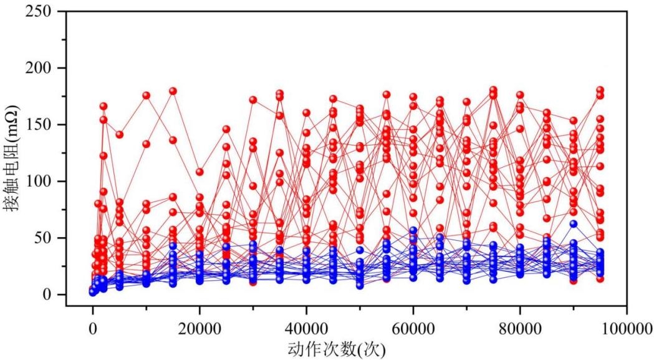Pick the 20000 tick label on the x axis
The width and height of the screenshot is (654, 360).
click(200, 329)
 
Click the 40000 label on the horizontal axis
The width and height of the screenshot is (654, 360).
click(306, 329)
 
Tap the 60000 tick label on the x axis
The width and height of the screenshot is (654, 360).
click(413, 329)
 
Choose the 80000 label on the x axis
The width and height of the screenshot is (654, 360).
click(520, 329)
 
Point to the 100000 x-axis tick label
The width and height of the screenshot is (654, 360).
click(627, 329)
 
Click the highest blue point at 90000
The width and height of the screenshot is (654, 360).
click(574, 224)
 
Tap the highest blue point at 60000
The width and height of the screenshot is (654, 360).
click(413, 230)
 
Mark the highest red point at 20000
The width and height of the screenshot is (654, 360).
click(200, 172)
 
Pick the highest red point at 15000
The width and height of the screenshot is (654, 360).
click(173, 91)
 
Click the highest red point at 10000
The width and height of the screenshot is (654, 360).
click(147, 95)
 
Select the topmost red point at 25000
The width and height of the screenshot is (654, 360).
click(226, 130)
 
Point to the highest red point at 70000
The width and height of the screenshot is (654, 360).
click(467, 102)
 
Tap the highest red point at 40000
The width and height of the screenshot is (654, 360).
click(307, 113)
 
